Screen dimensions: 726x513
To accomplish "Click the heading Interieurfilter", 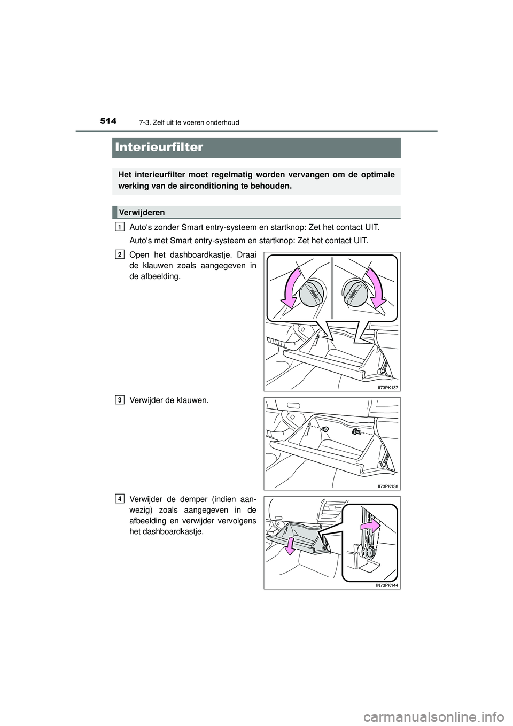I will [x=159, y=147].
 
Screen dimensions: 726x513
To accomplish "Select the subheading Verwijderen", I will [x=142, y=212].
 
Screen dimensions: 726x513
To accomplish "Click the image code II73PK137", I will [x=388, y=387].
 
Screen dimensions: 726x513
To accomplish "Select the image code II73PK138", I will [x=388, y=486].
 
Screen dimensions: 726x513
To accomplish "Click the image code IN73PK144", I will [x=387, y=585].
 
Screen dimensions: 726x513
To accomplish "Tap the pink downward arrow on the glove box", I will [x=291, y=546].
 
